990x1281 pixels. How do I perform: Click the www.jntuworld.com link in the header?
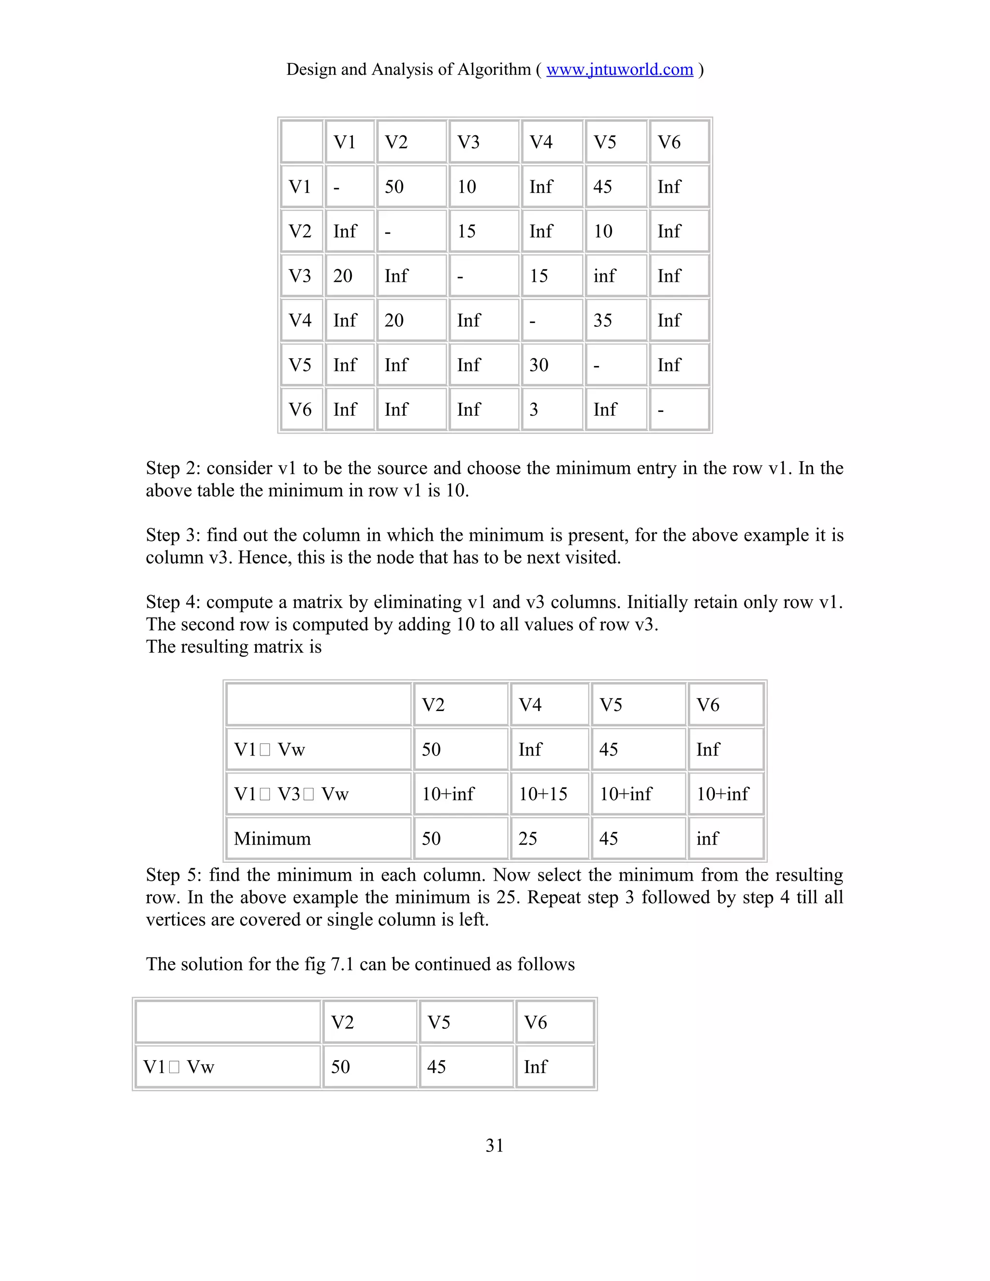[x=619, y=70]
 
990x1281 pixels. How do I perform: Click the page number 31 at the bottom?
[x=495, y=1146]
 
